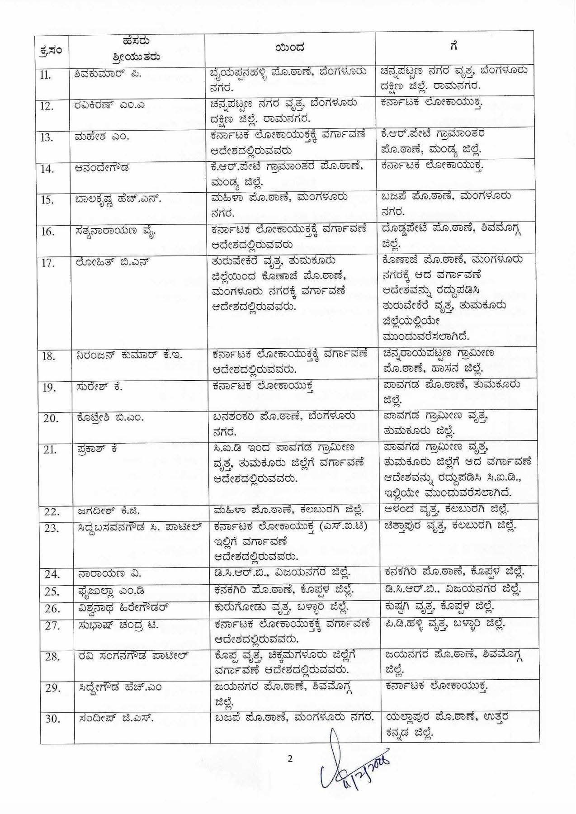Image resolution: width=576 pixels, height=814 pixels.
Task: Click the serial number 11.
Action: coord(46,75)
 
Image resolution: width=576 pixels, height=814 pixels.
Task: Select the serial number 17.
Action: coord(47,263)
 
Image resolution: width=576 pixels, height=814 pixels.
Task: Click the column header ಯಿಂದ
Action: coord(289,48)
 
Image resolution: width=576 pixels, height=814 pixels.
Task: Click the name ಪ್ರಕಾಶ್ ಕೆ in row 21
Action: coord(96,449)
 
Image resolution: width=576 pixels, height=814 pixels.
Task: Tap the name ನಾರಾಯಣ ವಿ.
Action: coord(109,574)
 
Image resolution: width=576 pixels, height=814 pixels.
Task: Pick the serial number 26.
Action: coord(52,609)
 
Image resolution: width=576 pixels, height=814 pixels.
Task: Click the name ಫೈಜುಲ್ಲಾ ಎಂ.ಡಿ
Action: coord(110,591)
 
